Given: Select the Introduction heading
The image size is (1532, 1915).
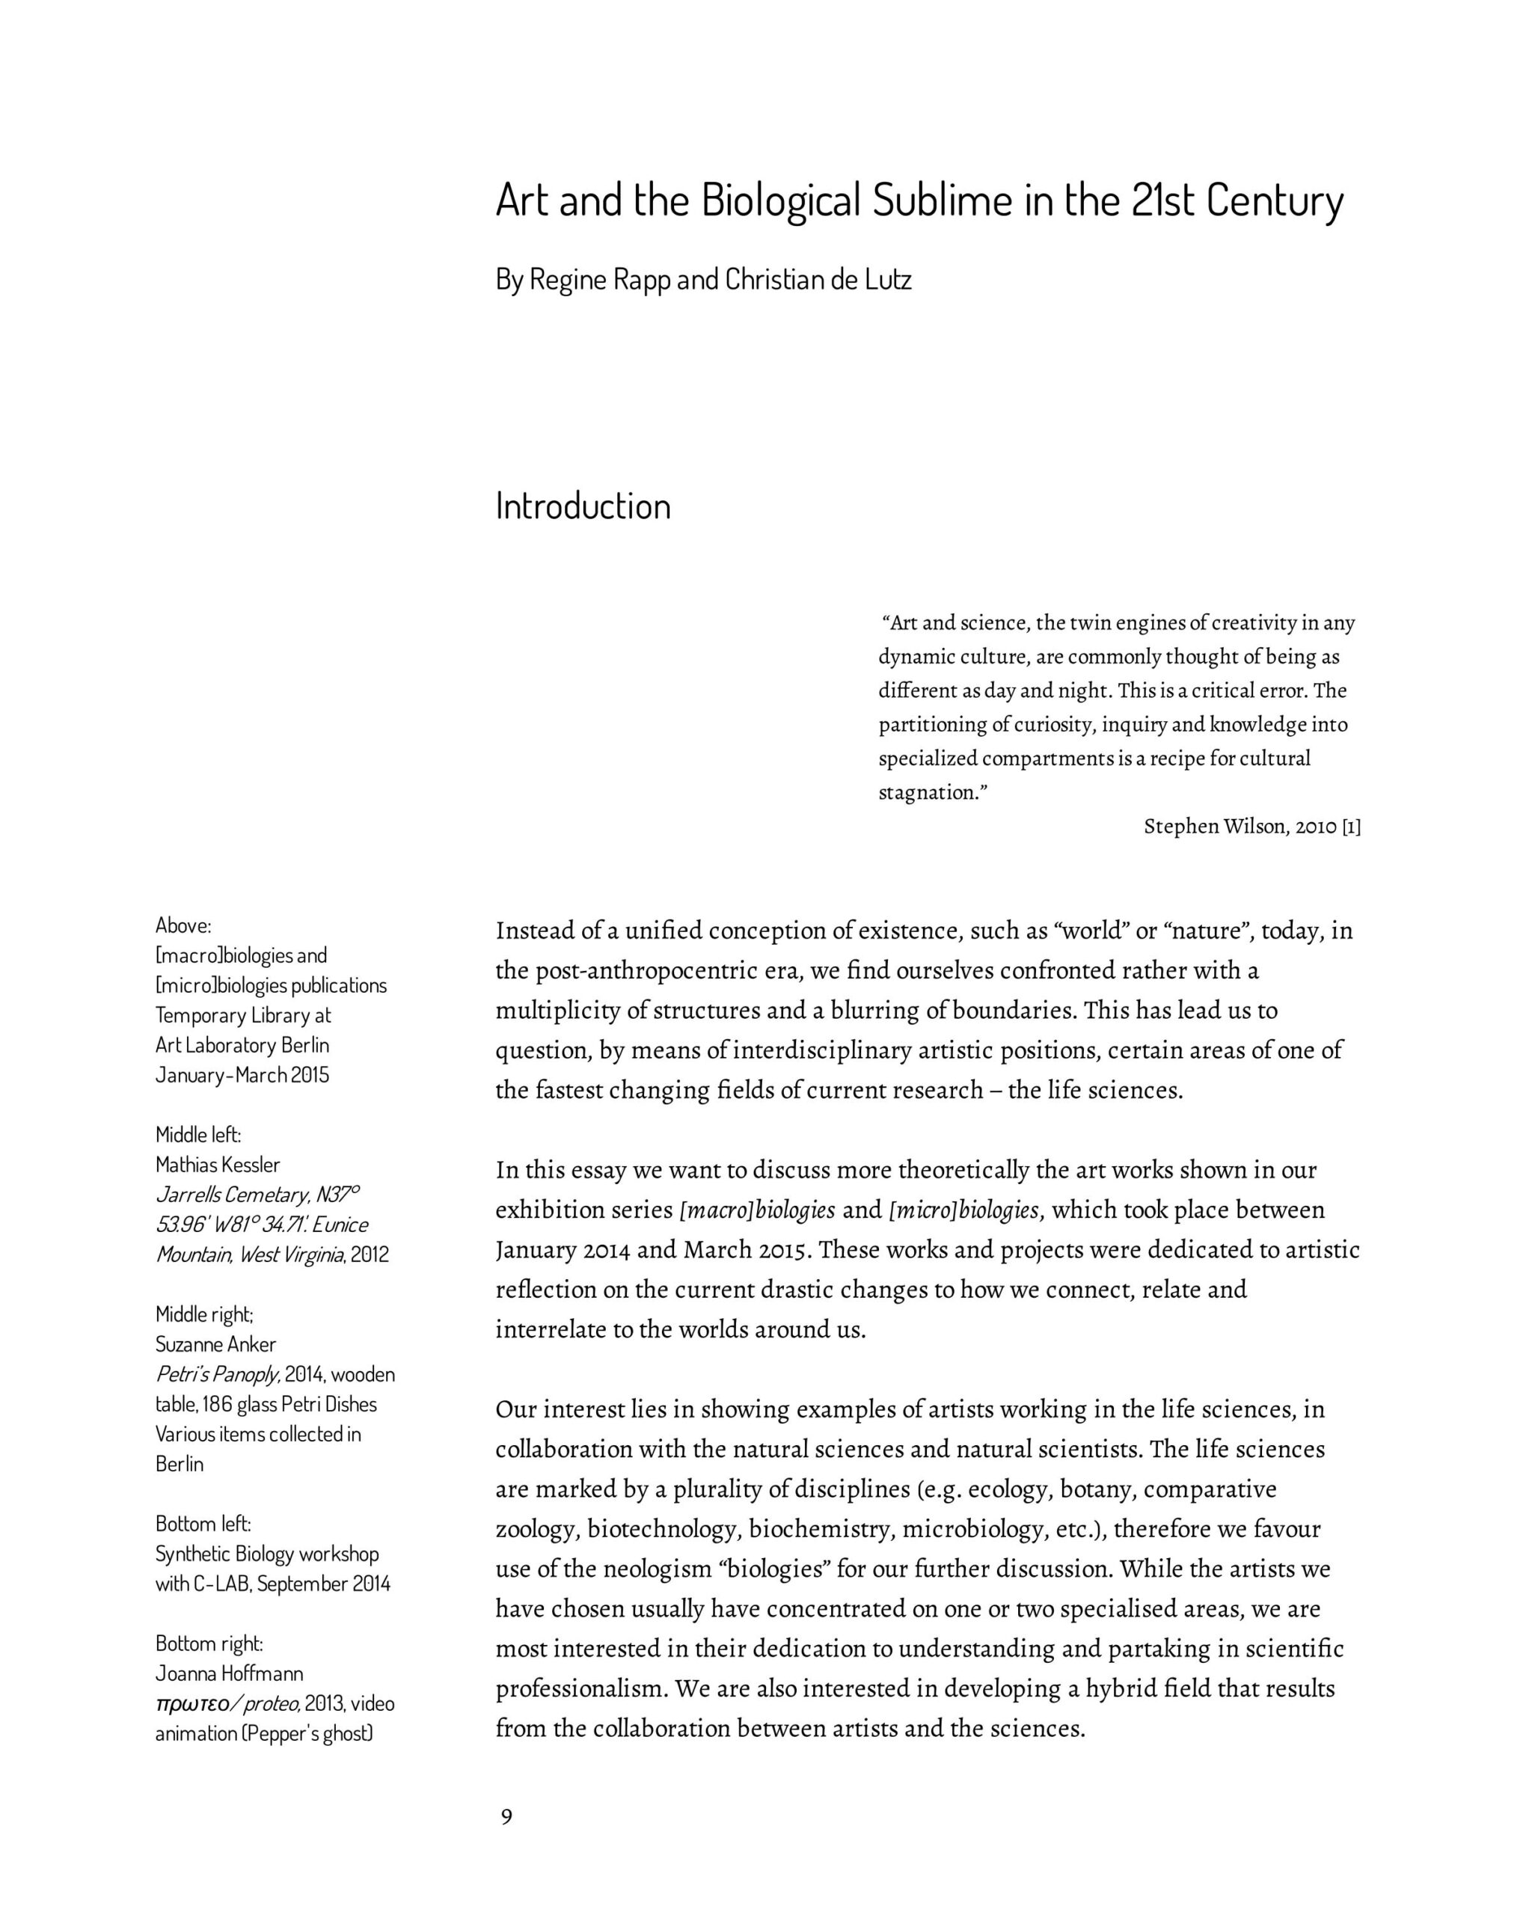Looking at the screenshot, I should [583, 506].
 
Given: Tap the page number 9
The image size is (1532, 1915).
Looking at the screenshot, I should [506, 1816].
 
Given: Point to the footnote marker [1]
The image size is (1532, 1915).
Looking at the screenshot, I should [1350, 826].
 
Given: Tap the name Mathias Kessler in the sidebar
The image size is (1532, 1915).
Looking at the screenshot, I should [218, 1165].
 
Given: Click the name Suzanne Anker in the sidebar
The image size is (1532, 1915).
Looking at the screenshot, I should [216, 1344].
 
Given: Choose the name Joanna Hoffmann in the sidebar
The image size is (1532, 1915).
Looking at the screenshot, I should [229, 1673].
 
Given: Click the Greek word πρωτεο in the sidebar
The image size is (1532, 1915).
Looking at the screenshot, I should [190, 1703].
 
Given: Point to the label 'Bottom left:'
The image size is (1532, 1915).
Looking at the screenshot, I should [203, 1525].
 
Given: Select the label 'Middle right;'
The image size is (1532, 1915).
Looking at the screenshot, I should [204, 1314].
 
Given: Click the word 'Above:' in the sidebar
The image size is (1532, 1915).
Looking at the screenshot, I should [183, 925].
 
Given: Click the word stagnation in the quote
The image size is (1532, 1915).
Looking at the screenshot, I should [931, 792].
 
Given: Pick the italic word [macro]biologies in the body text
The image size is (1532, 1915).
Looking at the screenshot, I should [758, 1210].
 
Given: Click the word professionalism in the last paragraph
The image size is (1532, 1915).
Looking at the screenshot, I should [579, 1688].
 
